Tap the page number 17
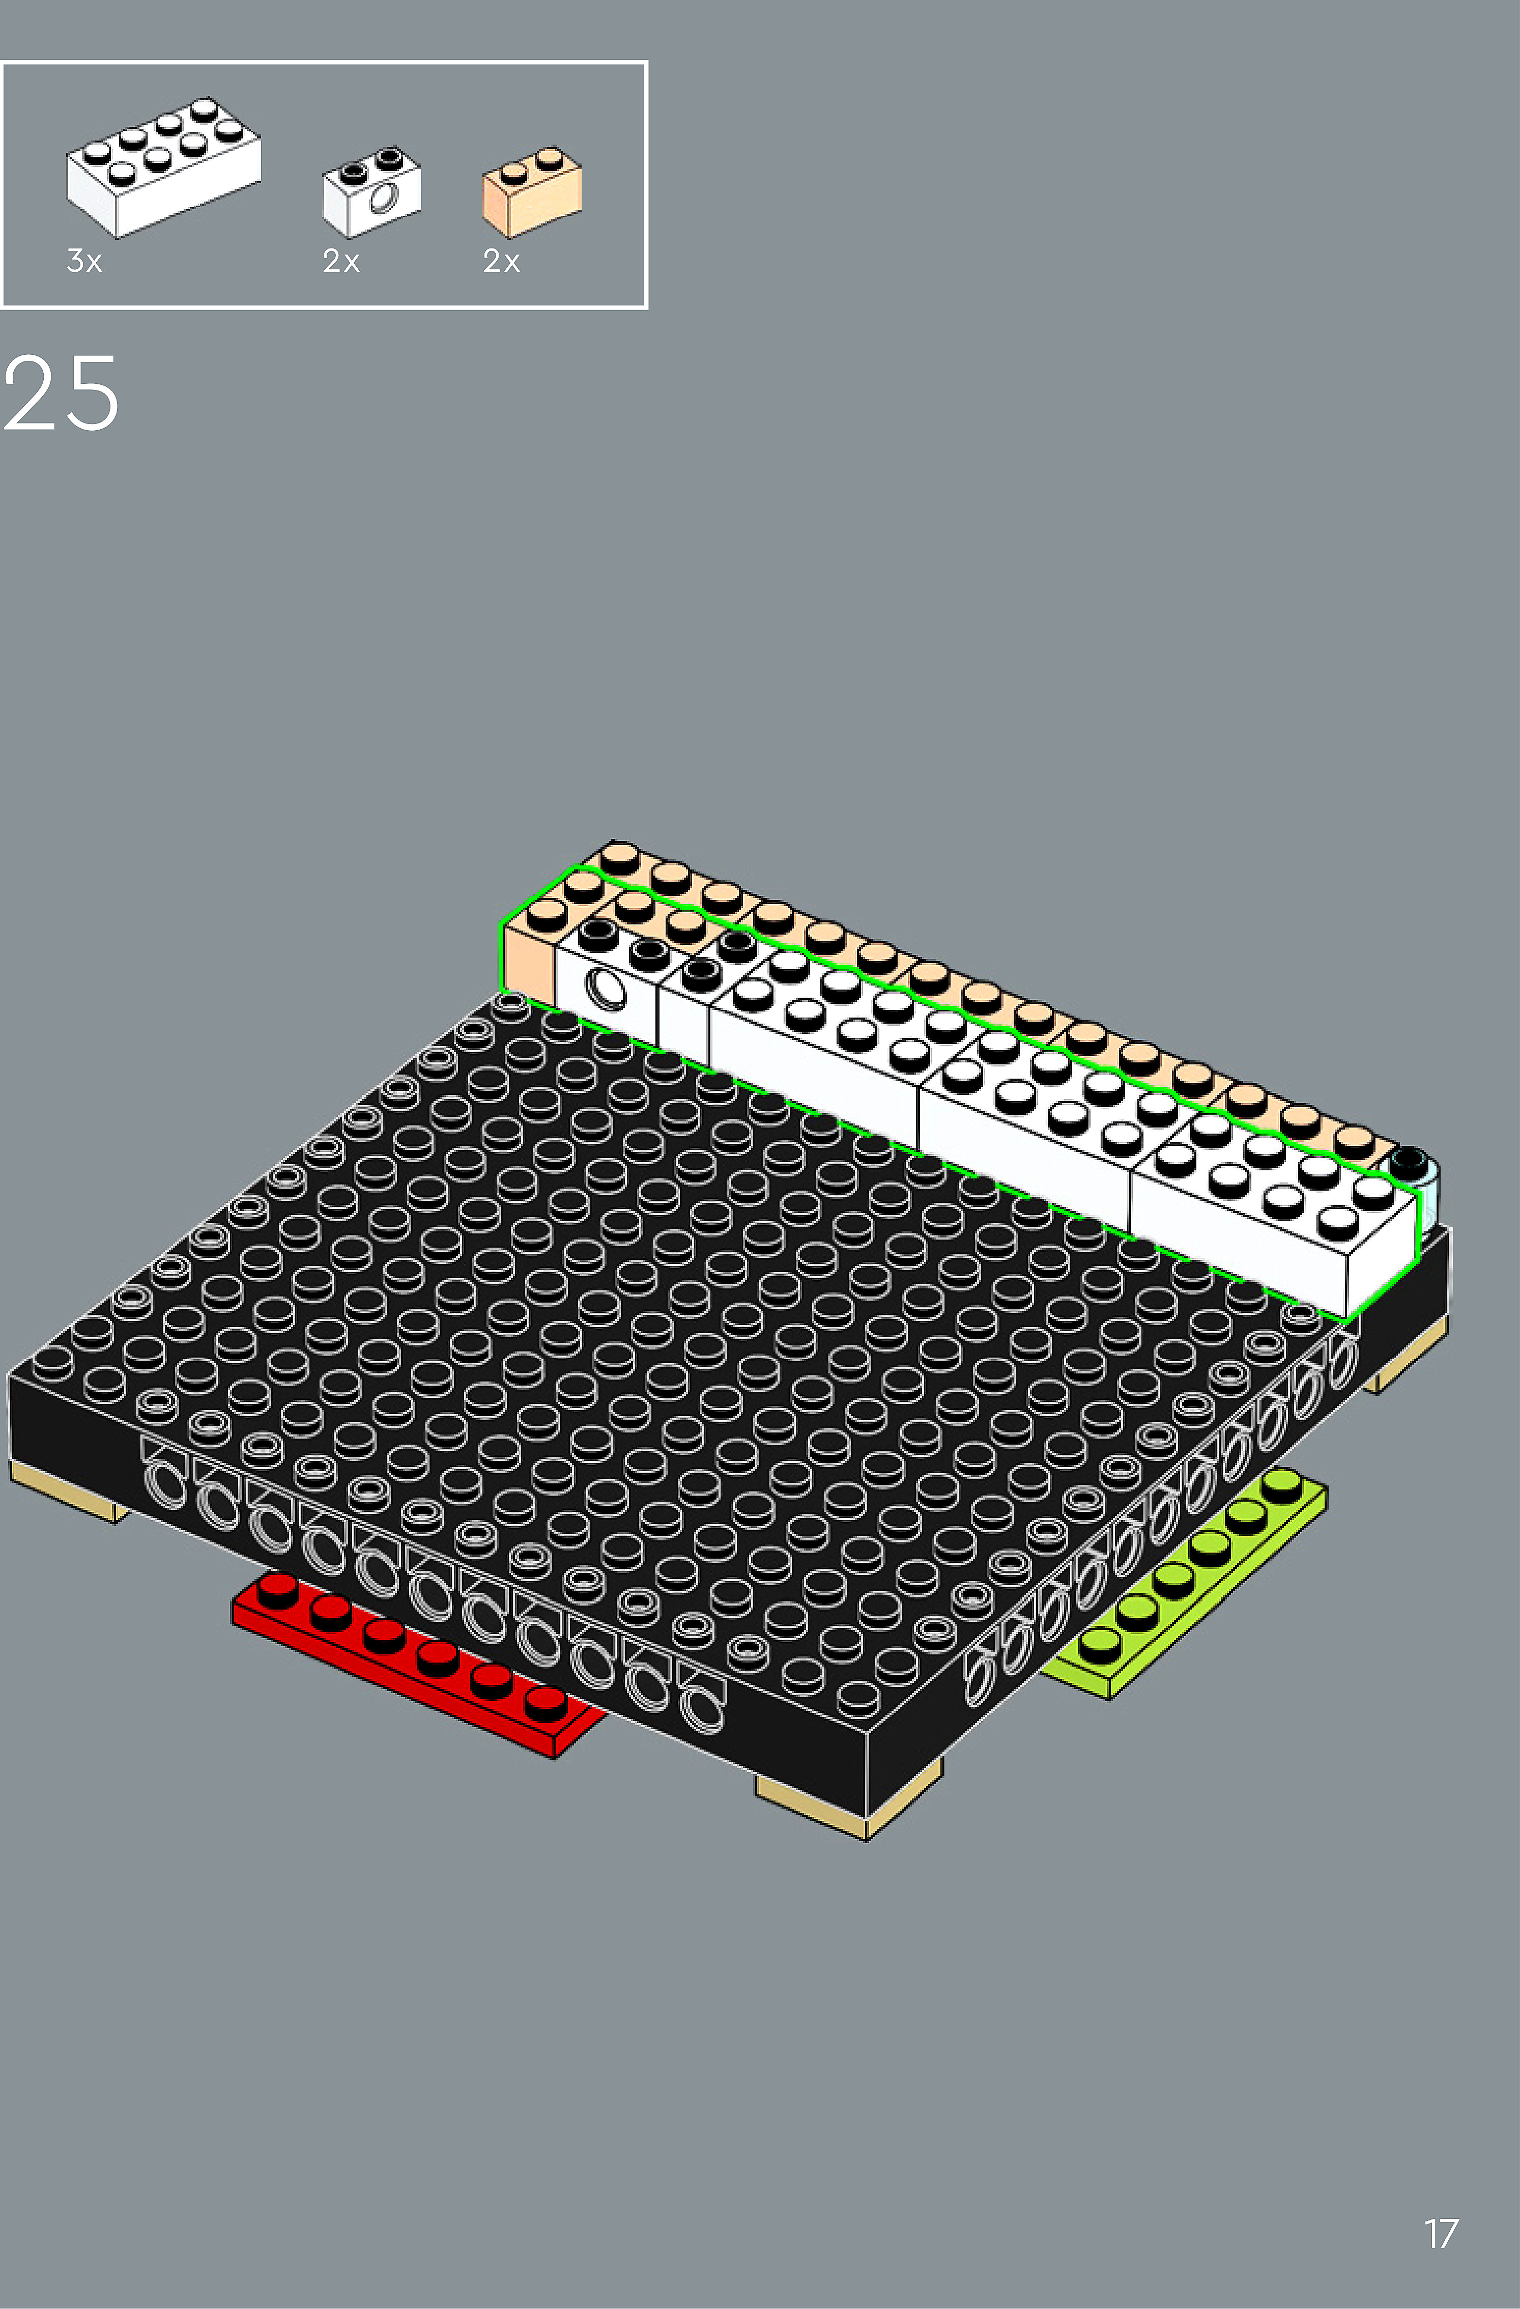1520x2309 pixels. [x=1441, y=2234]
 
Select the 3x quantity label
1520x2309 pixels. [x=84, y=261]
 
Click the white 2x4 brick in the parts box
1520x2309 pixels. [x=163, y=167]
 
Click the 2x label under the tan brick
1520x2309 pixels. [x=502, y=261]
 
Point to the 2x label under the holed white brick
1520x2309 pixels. [x=341, y=261]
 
